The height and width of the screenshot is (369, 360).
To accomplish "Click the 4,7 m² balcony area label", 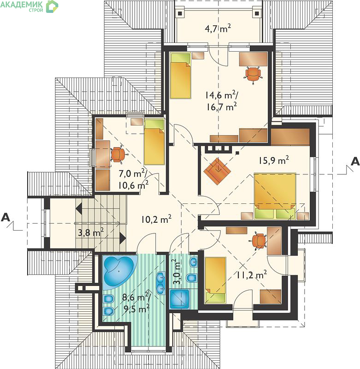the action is coord(218,29).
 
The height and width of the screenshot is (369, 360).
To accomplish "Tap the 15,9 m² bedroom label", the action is coord(274,160).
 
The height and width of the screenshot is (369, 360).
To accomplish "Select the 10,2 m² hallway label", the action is coord(156,220).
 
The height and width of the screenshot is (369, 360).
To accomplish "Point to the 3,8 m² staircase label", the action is coord(91,233).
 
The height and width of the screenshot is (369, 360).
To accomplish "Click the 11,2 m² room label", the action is coord(251,274).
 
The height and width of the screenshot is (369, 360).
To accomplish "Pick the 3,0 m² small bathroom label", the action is coord(178,272).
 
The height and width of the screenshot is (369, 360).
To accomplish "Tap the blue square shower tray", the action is coord(179,299).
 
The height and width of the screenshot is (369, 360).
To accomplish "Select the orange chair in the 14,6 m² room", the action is coord(253,75).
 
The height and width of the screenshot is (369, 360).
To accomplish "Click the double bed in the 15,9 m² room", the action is coord(275,196).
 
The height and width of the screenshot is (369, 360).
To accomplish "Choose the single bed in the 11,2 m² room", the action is coord(215,280).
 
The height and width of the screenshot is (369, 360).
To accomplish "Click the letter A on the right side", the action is coord(355,161).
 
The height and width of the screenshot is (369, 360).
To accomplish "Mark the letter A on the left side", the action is coord(6,217).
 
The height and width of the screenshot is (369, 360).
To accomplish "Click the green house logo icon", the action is coord(52,6).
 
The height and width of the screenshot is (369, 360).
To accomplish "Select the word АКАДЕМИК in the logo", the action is coord(22,4).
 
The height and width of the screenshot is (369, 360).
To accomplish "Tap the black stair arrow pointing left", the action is coord(78,208).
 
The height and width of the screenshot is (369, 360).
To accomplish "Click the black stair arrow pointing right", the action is coord(123,238).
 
